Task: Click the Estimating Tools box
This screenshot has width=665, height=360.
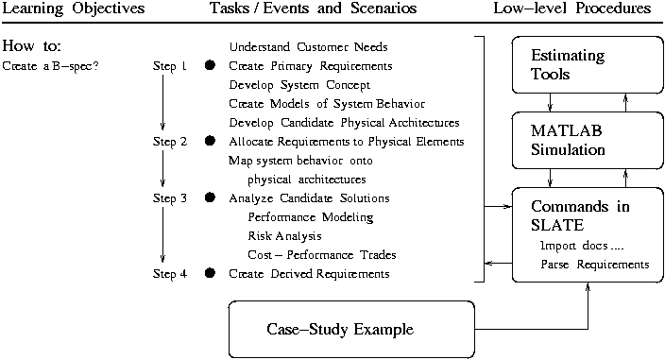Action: coord(581,64)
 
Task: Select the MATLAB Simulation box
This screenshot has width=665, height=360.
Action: coord(581,140)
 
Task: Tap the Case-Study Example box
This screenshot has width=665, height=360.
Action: coord(350,329)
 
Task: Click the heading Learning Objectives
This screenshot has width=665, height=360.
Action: coord(75,9)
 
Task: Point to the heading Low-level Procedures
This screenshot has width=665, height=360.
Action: coord(572,9)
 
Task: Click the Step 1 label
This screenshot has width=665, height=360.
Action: coord(170,66)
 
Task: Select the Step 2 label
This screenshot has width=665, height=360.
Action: coord(170,142)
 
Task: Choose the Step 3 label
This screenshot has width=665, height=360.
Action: coord(170,198)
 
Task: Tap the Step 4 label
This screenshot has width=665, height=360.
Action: coord(170,274)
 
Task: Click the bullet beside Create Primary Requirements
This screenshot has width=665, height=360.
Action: coord(211,66)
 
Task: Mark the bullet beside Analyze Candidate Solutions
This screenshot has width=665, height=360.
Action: coord(211,198)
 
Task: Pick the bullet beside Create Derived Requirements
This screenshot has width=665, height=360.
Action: coord(211,274)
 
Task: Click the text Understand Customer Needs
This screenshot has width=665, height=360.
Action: coord(309,47)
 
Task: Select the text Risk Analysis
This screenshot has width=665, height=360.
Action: coord(284,236)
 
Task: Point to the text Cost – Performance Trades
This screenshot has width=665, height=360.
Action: coord(322,255)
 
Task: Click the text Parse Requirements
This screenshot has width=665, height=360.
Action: coord(595,265)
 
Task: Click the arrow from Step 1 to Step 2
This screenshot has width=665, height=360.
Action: coord(163,104)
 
